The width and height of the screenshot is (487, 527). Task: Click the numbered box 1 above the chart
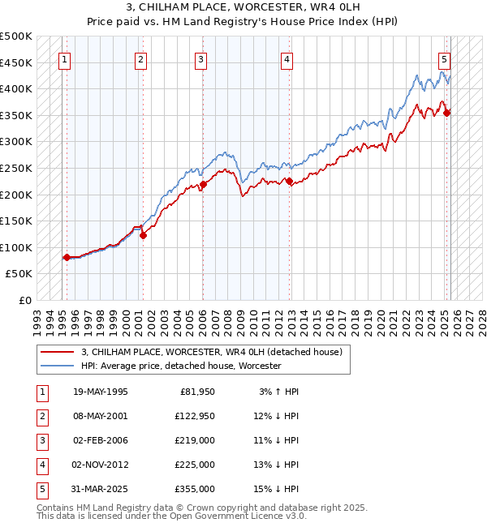click(x=64, y=58)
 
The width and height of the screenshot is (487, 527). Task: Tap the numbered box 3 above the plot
click(x=200, y=58)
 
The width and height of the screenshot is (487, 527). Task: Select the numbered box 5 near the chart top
click(x=445, y=58)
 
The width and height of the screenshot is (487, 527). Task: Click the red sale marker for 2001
click(x=143, y=236)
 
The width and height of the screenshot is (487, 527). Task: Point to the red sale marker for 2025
click(x=447, y=113)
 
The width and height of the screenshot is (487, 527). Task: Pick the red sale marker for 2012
click(x=289, y=182)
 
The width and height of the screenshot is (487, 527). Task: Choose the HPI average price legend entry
click(x=180, y=366)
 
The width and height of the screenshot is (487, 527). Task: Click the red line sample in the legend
click(x=57, y=352)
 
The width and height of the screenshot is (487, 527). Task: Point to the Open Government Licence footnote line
click(x=172, y=516)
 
